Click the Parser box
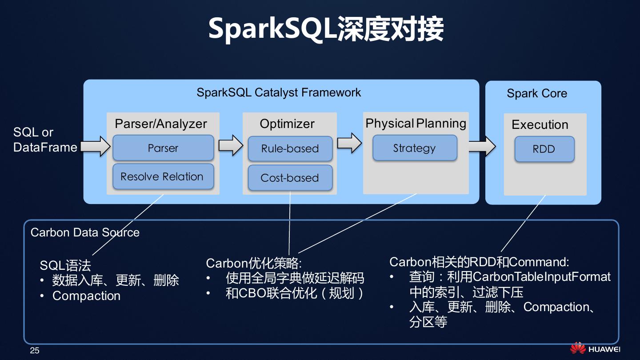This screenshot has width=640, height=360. click(163, 148)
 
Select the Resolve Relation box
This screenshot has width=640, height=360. click(163, 176)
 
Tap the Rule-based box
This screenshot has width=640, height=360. click(290, 148)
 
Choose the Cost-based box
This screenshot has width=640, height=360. click(290, 178)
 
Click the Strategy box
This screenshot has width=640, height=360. click(415, 148)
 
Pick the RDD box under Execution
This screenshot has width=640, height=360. click(544, 149)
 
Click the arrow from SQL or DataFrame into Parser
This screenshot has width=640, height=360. click(96, 146)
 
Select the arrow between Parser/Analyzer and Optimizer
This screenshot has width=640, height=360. click(231, 145)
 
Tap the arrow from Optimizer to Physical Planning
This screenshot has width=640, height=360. click(349, 143)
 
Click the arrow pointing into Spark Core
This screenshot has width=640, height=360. click(482, 146)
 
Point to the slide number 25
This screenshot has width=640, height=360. click(35, 351)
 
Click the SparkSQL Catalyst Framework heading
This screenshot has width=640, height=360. click(279, 92)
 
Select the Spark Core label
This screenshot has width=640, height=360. click(537, 93)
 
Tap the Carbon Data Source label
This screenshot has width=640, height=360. click(85, 232)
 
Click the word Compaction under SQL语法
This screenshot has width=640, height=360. click(86, 296)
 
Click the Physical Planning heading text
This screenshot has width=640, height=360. click(416, 124)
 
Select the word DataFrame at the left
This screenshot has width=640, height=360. click(45, 148)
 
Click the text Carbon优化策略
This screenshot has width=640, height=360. click(253, 263)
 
